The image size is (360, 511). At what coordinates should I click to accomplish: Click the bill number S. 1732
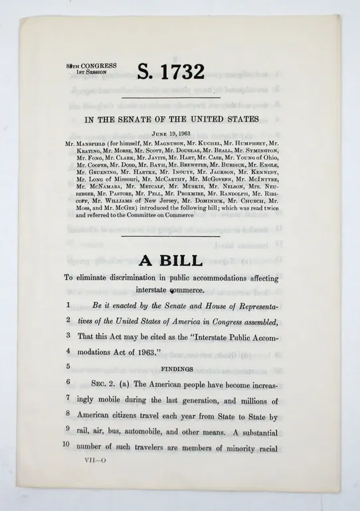coord(171,72)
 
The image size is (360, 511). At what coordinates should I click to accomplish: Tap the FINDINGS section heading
coord(176,368)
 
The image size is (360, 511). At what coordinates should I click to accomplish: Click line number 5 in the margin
coord(68,366)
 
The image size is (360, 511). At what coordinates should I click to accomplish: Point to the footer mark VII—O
coord(90,460)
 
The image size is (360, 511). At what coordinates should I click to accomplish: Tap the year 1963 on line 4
coord(146,352)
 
